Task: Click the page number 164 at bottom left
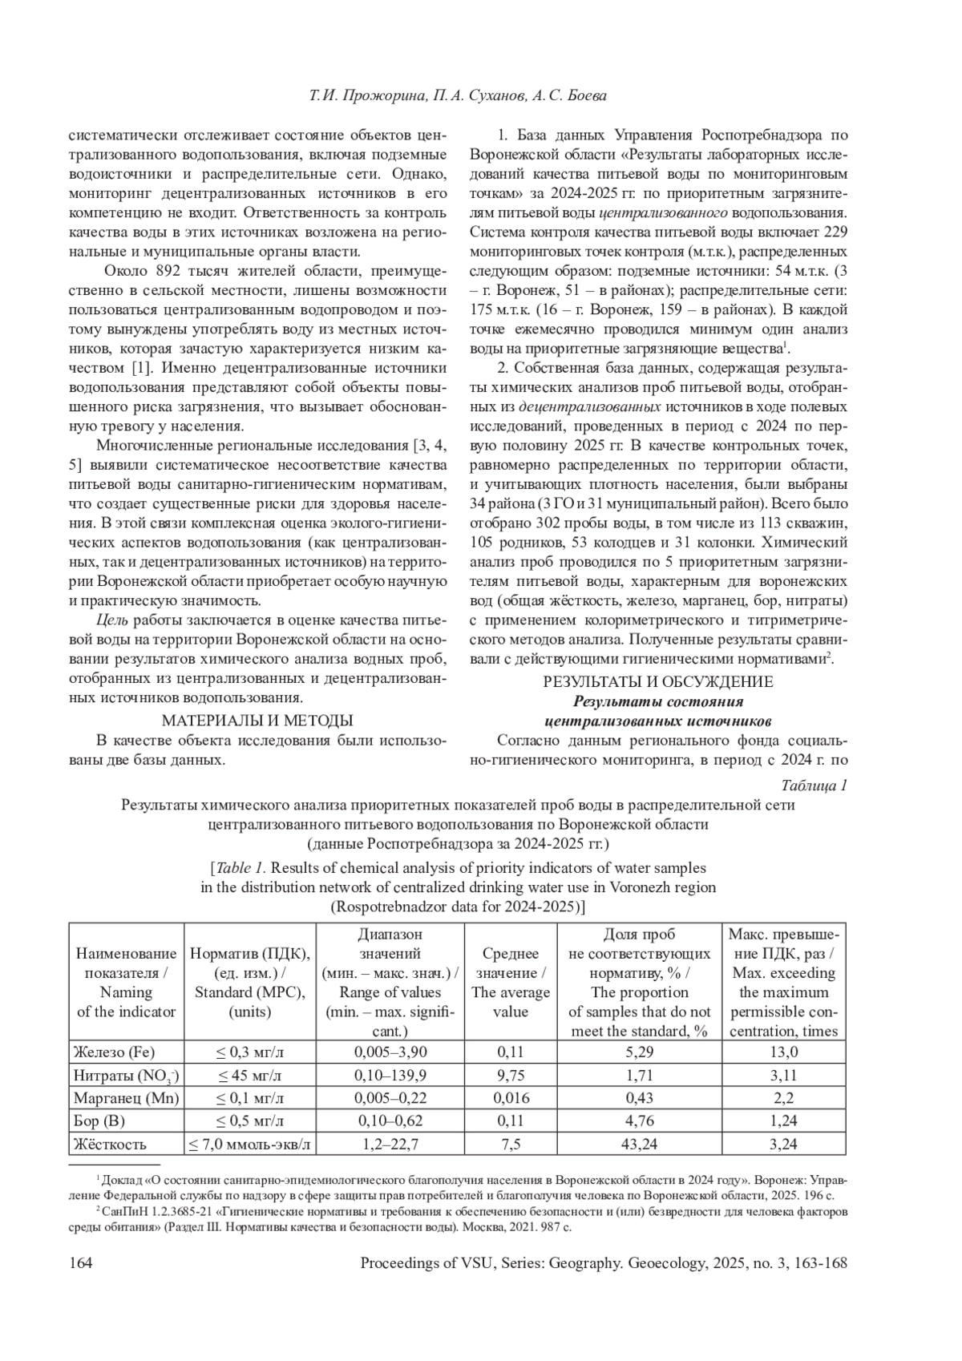point(81,1263)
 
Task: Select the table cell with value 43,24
point(641,1144)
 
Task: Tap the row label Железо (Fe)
point(114,1052)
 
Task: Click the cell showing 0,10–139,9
point(390,1075)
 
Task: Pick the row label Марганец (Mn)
point(126,1098)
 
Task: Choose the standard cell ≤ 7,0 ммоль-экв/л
point(249,1144)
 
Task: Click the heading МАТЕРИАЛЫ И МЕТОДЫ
point(257,720)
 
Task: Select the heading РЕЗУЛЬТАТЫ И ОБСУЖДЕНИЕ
point(657,682)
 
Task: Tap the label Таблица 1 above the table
point(814,786)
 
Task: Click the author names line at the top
point(458,96)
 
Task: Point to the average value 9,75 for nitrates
point(511,1075)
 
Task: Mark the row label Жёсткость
point(108,1144)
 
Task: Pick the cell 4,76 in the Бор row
point(641,1121)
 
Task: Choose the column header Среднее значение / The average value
point(511,983)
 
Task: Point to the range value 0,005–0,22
point(390,1098)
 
